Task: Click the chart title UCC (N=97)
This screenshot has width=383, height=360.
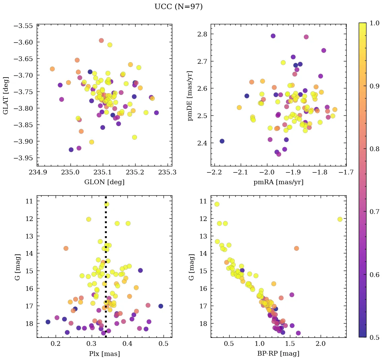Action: [178, 7]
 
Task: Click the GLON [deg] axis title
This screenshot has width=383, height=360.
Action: [104, 182]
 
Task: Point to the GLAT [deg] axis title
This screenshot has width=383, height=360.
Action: [6, 95]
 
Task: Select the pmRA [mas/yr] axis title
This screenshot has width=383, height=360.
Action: [278, 182]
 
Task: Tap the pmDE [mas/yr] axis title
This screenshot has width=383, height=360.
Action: [190, 95]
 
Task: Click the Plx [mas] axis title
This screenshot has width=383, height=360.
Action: [104, 354]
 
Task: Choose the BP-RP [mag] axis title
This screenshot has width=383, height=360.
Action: [278, 354]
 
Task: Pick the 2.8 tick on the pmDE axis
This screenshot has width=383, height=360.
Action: [202, 34]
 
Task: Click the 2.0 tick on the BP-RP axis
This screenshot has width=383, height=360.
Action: [321, 345]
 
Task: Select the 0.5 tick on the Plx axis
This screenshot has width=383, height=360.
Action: [164, 345]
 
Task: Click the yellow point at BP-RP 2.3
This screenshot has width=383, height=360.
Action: [340, 219]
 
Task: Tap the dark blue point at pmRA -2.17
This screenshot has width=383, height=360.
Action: [222, 141]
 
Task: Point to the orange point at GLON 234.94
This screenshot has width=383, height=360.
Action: [52, 69]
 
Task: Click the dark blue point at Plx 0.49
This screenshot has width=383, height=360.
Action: [161, 306]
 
